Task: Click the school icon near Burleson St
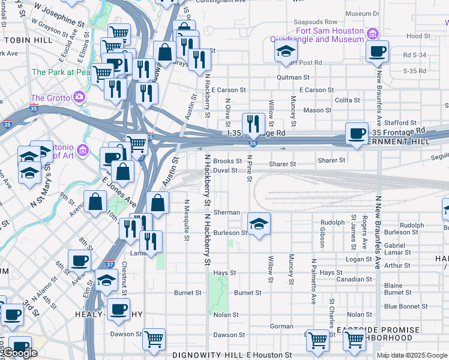[259, 224]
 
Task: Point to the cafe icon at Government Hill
[357, 133]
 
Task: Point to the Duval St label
[226, 170]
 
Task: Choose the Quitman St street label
[293, 77]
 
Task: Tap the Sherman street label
[228, 212]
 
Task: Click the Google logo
[19, 353]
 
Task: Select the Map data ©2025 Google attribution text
[412, 355]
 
